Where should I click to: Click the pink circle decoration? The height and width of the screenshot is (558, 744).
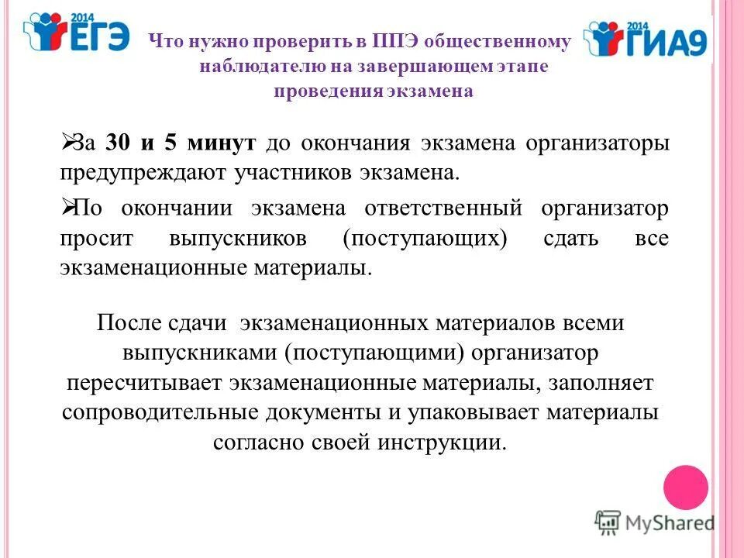coord(686,487)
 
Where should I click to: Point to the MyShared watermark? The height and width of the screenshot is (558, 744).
coord(655,522)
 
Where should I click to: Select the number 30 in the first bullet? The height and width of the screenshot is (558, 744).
coord(117,143)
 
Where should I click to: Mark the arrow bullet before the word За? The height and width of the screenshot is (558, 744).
coord(67,142)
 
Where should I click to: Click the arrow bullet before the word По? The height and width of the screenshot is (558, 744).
coord(67,207)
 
